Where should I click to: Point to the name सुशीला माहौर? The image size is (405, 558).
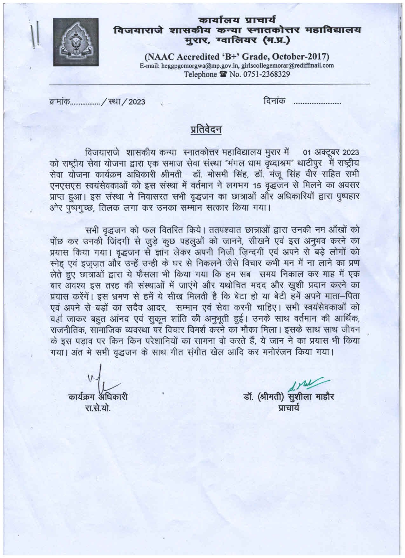[311, 397]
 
